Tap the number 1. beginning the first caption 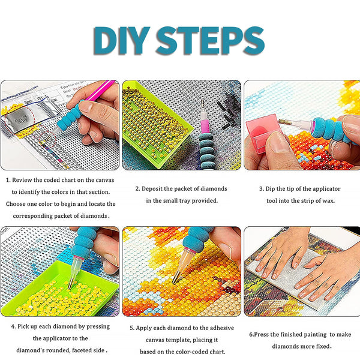(x=8, y=179)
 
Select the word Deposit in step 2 (x=154, y=188)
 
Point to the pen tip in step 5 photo (x=176, y=279)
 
